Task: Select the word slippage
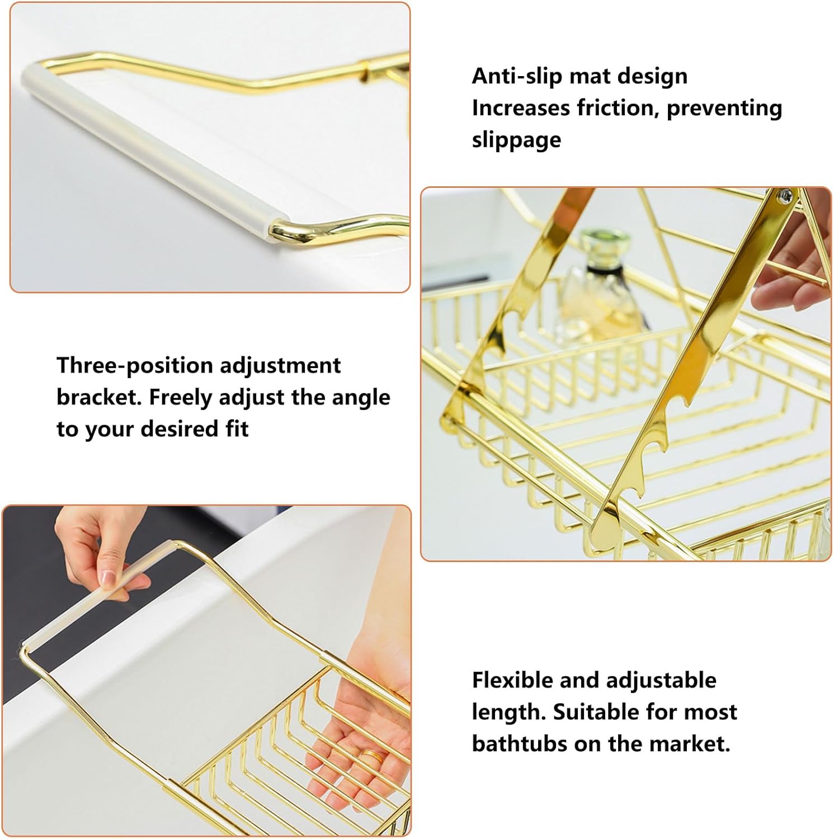point(516,140)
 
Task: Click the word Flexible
point(512,680)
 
